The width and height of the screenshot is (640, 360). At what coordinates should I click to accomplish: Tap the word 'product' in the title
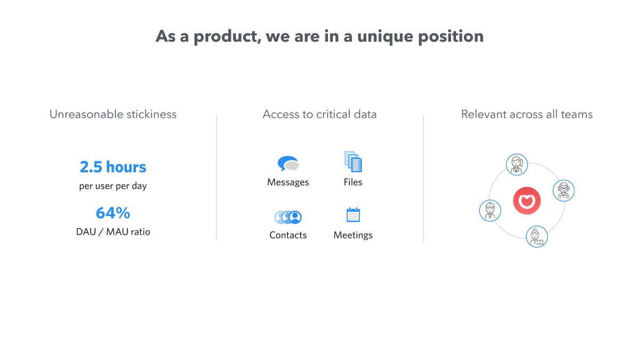tap(227, 37)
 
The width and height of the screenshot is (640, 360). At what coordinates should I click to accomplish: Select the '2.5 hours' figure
tap(113, 167)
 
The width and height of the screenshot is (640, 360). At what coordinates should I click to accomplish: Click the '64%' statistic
tap(113, 213)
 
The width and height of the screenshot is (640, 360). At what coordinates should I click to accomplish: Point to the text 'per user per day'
tap(113, 186)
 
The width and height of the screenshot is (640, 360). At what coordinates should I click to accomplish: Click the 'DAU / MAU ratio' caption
tap(113, 231)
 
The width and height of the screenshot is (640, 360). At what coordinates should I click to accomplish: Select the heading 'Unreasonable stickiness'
tap(113, 114)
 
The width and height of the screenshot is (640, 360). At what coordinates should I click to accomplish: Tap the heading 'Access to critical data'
tap(319, 114)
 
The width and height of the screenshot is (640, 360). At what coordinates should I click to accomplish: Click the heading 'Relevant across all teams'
tap(527, 114)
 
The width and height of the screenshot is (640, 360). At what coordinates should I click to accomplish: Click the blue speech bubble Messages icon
tap(288, 163)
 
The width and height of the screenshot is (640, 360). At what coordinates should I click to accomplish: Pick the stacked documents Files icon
tap(353, 162)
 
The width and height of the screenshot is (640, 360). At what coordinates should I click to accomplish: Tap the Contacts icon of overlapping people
tap(288, 217)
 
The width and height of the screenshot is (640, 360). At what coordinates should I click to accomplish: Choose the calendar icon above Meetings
tap(353, 215)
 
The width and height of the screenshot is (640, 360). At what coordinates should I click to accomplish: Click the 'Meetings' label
tap(353, 235)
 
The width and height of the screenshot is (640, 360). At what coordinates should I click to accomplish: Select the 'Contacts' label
tap(288, 235)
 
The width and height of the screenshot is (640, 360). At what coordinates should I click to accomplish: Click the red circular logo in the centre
tap(527, 201)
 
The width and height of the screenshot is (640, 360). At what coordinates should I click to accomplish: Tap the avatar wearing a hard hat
tap(490, 211)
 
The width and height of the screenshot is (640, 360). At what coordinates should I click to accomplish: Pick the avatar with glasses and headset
tap(563, 190)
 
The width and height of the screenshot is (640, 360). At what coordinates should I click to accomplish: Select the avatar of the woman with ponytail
tap(517, 165)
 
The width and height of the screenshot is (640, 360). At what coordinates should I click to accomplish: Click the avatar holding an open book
tap(537, 237)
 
